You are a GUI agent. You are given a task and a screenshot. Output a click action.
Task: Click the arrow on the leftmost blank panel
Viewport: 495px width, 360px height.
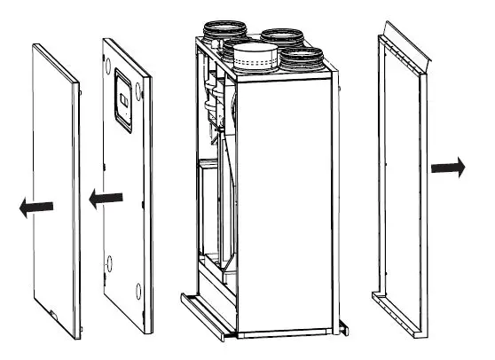(34, 207)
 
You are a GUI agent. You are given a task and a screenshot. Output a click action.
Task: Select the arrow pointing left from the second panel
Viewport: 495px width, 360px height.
(106, 199)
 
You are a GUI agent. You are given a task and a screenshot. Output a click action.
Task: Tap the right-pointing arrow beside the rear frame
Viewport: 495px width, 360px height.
(447, 168)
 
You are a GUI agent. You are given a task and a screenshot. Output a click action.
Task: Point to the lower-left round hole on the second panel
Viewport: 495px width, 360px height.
(110, 262)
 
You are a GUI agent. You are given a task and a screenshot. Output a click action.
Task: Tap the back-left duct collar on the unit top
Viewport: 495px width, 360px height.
(218, 35)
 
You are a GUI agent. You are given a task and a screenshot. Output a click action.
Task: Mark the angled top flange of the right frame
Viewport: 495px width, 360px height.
(403, 49)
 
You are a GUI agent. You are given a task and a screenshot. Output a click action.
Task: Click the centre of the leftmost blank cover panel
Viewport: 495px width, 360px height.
(53, 177)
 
